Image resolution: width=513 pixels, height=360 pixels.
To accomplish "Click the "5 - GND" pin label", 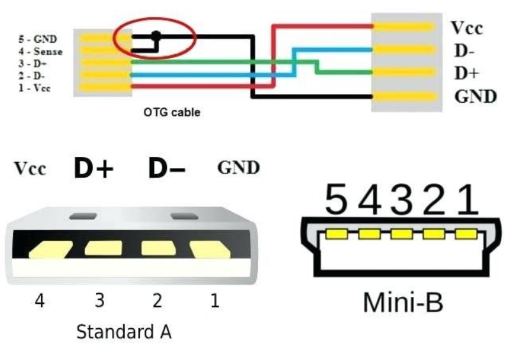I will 36,39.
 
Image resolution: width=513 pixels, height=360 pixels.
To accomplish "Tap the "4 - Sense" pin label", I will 38,51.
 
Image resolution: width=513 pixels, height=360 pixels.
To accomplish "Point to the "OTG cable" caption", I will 171,113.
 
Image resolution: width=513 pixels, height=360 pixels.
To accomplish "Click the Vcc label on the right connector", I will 466,28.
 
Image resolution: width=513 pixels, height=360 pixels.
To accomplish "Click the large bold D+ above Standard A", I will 93,169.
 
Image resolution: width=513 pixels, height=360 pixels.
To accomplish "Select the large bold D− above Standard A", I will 167,169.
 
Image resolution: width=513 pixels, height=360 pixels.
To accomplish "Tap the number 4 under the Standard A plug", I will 40,300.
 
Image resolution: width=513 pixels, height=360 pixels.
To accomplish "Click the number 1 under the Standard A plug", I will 215,300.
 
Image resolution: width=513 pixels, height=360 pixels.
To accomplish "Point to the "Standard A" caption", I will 124,333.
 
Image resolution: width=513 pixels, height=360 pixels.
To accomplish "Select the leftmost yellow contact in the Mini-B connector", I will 336,234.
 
